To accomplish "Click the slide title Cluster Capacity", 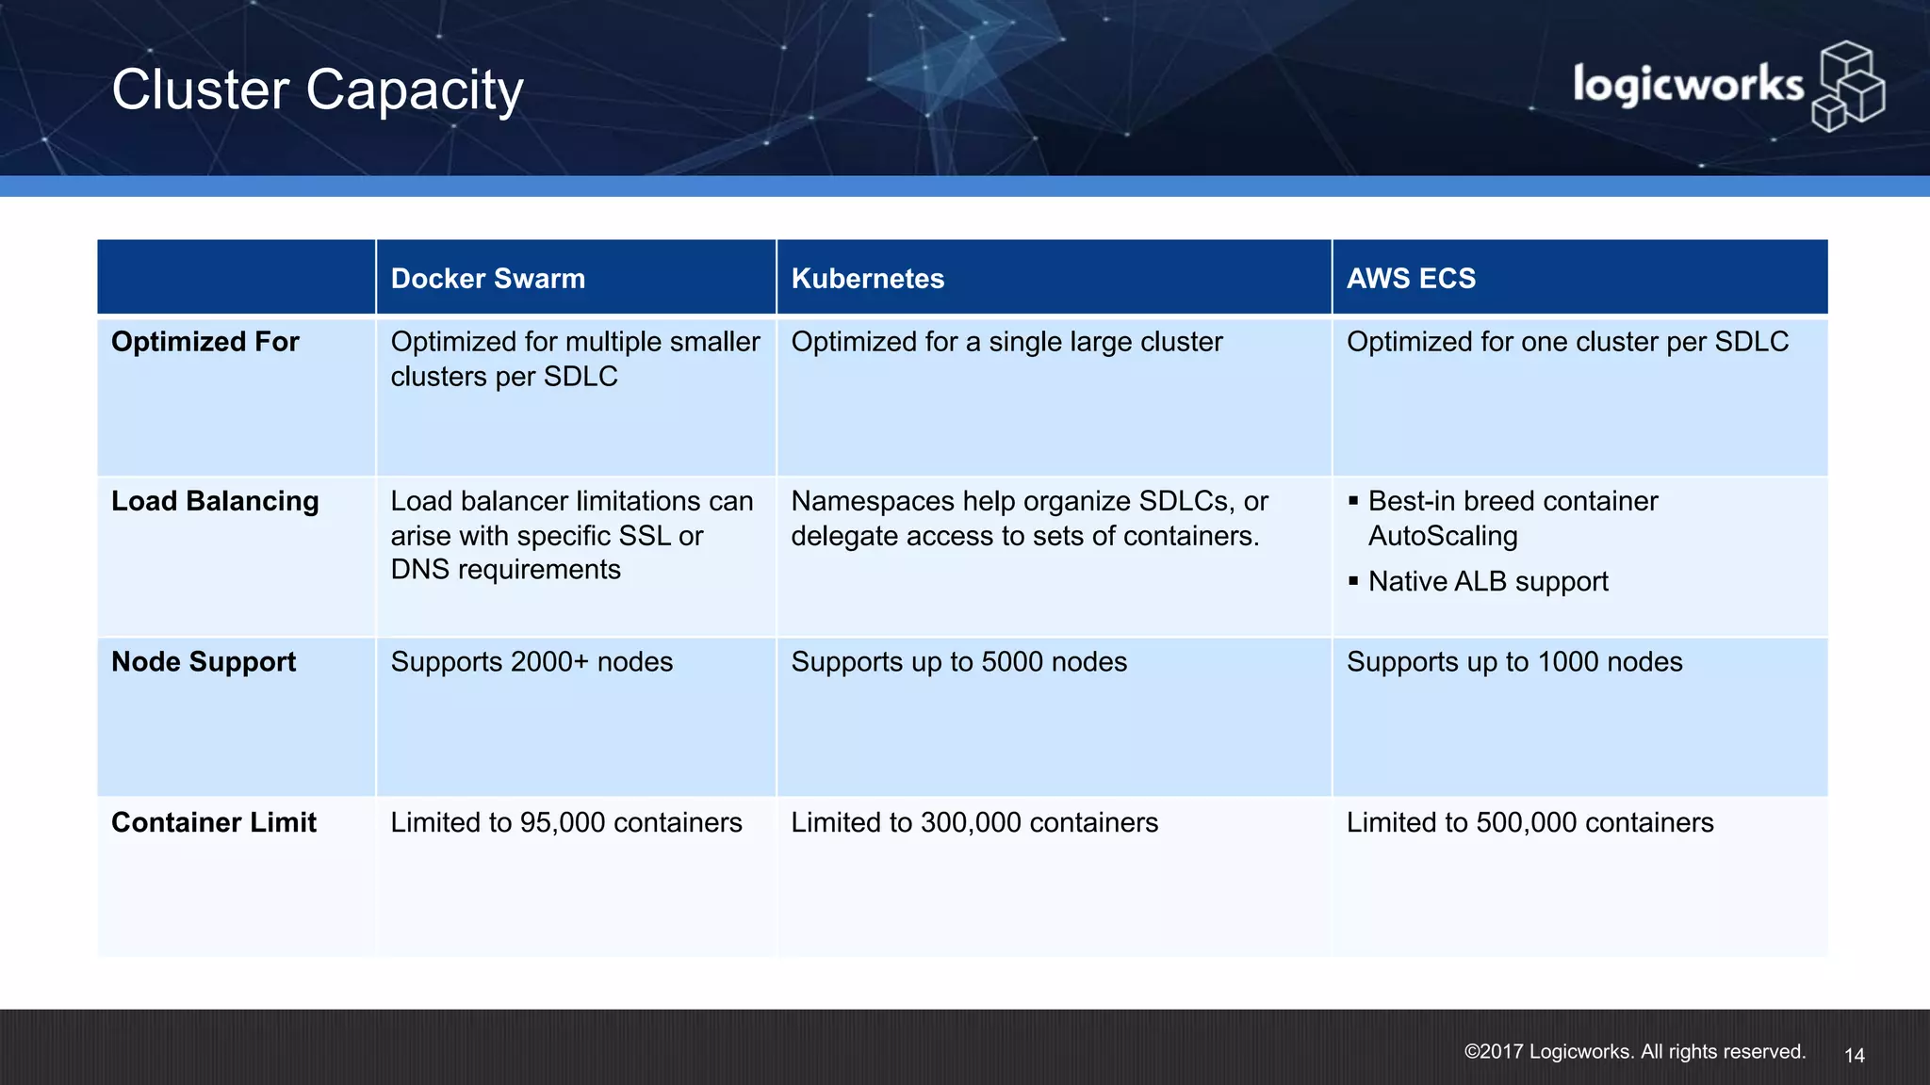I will coord(317,90).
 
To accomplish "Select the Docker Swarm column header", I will coord(487,279).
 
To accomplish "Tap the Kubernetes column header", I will coord(867,279).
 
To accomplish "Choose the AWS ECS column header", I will coord(1411,279).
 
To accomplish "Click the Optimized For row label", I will coord(204,342).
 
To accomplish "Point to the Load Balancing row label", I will coord(215,501).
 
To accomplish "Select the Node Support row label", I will coord(204,662).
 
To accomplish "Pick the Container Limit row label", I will coord(214,822).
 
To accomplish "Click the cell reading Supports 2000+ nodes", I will coord(532,662).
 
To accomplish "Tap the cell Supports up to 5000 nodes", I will coord(958,662).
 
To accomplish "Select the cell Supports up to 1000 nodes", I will coord(1513,662).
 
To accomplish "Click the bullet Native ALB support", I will coord(1488,582).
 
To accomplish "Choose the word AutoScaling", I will coord(1443,536).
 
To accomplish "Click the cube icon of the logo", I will coord(1848,87).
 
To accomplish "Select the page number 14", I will coord(1854,1056).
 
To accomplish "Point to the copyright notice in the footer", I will coord(1634,1052).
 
